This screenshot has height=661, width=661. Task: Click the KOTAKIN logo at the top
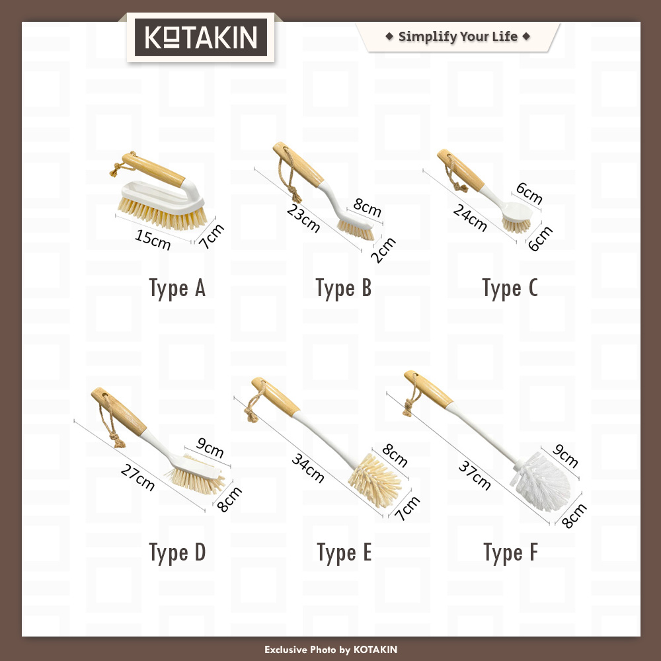[201, 37]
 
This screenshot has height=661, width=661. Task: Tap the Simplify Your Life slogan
[458, 36]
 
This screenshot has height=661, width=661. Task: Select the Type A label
[177, 289]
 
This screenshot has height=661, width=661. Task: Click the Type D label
[177, 553]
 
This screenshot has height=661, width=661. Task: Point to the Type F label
[510, 553]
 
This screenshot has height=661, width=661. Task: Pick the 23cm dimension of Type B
[303, 218]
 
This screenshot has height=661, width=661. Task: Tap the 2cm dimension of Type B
[383, 250]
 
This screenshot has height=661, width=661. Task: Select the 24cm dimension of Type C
[469, 218]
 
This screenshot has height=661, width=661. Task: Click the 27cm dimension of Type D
[137, 477]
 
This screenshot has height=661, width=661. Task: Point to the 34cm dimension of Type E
[308, 469]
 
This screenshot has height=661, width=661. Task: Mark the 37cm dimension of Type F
[475, 475]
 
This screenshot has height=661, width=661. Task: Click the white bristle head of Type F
[541, 482]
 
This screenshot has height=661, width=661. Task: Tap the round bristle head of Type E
[374, 480]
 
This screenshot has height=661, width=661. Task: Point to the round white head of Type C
[518, 212]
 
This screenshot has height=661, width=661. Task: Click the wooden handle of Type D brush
[118, 411]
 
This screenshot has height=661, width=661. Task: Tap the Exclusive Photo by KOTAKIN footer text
[330, 650]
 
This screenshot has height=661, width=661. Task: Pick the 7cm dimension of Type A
[212, 237]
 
